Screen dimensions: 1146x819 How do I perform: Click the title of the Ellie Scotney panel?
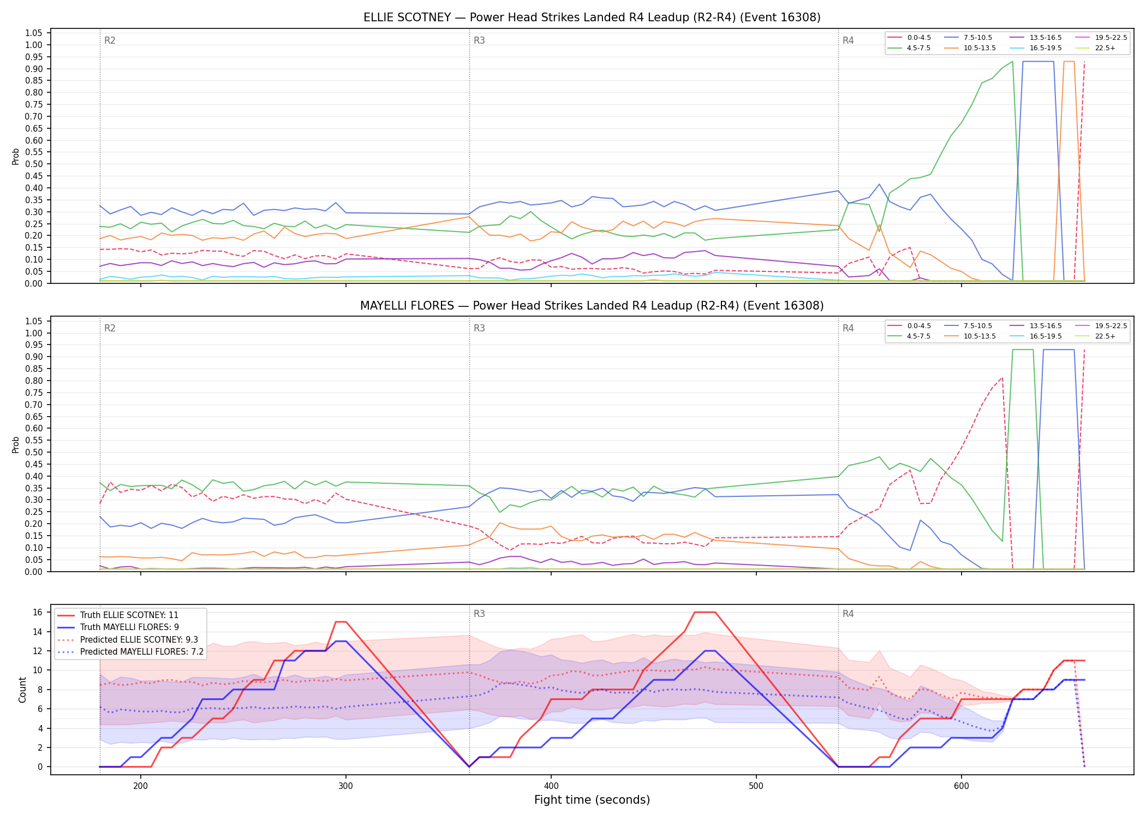pos(592,17)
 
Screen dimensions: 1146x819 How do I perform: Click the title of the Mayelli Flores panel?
pos(592,306)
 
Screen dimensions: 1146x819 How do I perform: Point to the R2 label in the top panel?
pos(110,40)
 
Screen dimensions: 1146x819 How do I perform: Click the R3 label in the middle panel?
pos(479,328)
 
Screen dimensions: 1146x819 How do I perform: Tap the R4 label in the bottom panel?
pos(848,614)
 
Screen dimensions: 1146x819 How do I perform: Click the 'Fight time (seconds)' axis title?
pos(592,800)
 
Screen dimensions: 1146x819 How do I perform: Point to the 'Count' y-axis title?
pos(22,690)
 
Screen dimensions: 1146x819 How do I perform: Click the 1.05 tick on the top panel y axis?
pos(34,33)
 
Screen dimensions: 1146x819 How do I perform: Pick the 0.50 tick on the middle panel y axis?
pos(34,453)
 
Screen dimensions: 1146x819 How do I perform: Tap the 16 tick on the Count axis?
pos(38,613)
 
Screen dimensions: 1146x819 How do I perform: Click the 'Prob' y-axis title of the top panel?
pos(16,157)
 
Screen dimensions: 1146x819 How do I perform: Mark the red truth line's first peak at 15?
pos(341,622)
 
